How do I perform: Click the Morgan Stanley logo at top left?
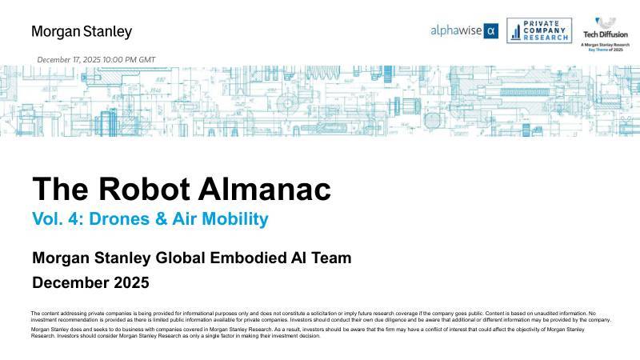pos(82,32)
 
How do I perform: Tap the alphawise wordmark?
pos(457,31)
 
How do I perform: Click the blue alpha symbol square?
pos(492,31)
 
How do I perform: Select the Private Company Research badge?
pos(539,30)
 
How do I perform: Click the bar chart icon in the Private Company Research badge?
pos(516,31)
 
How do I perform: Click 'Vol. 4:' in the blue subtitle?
pos(54,218)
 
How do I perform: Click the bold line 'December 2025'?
pos(90,282)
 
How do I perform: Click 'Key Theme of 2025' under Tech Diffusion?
pos(606,50)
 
